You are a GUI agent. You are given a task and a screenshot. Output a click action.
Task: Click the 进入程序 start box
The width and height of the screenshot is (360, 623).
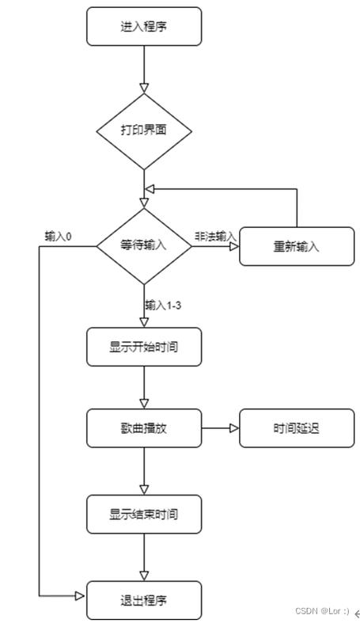tap(143, 27)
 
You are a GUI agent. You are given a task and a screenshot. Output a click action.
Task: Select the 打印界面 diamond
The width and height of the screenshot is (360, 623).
tap(143, 130)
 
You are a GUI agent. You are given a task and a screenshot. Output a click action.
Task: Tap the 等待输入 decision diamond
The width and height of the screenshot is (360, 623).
tap(143, 245)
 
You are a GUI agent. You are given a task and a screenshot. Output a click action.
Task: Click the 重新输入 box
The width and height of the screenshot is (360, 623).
tap(297, 246)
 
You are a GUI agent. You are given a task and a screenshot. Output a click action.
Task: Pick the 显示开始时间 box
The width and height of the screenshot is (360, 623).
tap(143, 346)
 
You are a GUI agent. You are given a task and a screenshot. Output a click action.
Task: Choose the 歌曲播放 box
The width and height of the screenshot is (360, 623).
tap(143, 428)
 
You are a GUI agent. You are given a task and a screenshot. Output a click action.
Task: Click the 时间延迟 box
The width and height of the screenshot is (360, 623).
tap(297, 428)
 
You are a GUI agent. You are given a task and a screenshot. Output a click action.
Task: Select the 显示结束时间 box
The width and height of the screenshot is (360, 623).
tap(143, 514)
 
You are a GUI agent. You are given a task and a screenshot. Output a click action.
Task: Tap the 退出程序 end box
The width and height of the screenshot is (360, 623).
tap(143, 599)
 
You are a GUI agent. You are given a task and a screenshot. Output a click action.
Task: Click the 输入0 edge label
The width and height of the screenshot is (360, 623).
tap(59, 237)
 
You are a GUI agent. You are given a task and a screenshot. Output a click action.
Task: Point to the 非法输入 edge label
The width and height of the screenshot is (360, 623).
tap(214, 237)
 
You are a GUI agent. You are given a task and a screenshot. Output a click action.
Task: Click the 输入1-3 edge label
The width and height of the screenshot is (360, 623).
tap(164, 305)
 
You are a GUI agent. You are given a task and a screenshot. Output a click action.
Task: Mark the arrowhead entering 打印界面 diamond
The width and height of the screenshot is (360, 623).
tap(144, 86)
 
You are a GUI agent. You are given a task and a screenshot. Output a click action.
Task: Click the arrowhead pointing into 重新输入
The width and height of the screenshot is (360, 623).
tap(234, 246)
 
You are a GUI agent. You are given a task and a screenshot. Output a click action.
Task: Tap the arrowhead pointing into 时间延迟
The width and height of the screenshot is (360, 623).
tap(234, 428)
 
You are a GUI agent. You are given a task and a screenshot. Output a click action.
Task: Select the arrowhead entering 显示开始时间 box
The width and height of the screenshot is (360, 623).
tap(144, 321)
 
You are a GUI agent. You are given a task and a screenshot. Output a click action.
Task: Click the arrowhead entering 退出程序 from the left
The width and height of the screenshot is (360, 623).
tap(80, 595)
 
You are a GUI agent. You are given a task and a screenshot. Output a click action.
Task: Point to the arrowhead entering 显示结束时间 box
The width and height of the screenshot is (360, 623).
tap(144, 490)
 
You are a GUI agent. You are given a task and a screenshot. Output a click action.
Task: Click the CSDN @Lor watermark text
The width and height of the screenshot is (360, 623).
tap(322, 611)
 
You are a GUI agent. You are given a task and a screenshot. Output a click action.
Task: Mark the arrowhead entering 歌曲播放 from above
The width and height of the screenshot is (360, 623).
tap(144, 404)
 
